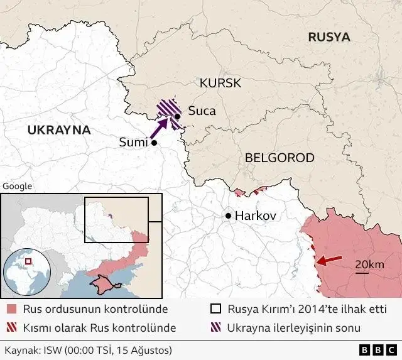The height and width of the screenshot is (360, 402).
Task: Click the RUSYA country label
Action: pyautogui.click(x=329, y=37)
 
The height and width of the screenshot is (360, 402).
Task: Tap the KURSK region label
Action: pyautogui.click(x=220, y=83)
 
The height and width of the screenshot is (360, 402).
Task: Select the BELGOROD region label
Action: pyautogui.click(x=280, y=158)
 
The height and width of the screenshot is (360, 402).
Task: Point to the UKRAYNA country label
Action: pyautogui.click(x=59, y=130)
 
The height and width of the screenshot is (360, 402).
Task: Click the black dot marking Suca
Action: pyautogui.click(x=178, y=116)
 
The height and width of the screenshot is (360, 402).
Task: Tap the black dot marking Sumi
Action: pyautogui.click(x=154, y=143)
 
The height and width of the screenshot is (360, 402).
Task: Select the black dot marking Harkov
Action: pyautogui.click(x=228, y=215)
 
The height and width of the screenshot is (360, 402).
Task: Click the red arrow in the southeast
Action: pyautogui.click(x=329, y=259)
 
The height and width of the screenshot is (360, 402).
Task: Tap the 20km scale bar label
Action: pyautogui.click(x=369, y=265)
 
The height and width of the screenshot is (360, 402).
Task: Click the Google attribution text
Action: pyautogui.click(x=17, y=186)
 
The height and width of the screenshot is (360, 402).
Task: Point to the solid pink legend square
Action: pyautogui.click(x=11, y=309)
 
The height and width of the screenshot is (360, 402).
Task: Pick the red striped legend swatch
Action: pyautogui.click(x=11, y=327)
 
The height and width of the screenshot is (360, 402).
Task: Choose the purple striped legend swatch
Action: pyautogui.click(x=215, y=327)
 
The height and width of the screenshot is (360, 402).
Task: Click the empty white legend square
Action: pyautogui.click(x=215, y=309)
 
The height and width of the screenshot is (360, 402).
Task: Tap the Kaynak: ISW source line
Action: pyautogui.click(x=88, y=349)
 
